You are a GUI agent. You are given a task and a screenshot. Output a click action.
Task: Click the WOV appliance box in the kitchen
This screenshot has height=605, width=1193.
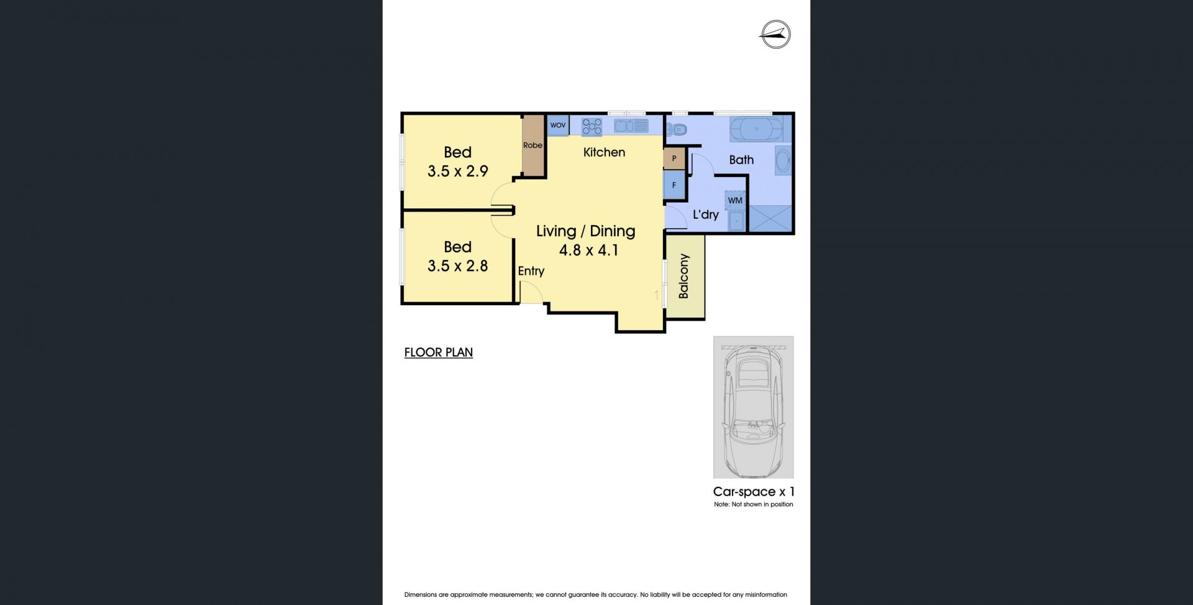tap(558, 126)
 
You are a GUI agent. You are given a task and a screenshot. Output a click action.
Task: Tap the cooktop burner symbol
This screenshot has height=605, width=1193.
tap(592, 127)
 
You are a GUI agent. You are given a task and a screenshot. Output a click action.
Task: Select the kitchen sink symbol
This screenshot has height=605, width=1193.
tap(631, 126)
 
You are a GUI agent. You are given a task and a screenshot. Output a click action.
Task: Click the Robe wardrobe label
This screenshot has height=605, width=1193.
tap(533, 145)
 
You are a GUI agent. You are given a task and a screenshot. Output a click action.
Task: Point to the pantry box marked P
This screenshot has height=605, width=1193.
tap(674, 159)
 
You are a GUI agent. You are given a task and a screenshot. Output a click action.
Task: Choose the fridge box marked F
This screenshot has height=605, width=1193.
tap(674, 185)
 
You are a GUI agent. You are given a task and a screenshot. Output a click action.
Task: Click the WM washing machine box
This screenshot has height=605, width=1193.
tap(735, 201)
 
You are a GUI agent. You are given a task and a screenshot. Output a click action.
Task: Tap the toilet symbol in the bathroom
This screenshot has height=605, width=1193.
tap(675, 130)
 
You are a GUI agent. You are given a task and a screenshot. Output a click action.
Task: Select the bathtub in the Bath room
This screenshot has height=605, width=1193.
tap(756, 129)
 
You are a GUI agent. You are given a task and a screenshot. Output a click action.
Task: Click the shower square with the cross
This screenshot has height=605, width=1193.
tap(771, 218)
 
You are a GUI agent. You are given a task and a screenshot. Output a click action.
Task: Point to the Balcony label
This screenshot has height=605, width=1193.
tap(683, 276)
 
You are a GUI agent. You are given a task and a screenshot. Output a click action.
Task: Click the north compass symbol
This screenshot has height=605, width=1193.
tap(775, 35)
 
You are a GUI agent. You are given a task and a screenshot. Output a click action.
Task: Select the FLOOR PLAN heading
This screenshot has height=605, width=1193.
tap(439, 353)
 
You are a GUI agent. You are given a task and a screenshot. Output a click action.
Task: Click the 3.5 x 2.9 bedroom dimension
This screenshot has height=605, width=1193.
tap(458, 171)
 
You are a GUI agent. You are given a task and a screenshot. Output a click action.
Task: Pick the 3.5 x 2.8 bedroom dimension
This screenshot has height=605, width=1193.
tap(458, 266)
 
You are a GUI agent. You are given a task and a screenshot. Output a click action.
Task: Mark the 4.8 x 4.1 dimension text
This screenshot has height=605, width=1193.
tap(588, 251)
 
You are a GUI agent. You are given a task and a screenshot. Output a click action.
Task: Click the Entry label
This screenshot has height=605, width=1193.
tap(531, 271)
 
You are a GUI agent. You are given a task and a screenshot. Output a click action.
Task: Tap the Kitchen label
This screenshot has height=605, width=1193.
tap(604, 152)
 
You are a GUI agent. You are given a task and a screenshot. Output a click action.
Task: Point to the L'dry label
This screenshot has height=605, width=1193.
tap(706, 215)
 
